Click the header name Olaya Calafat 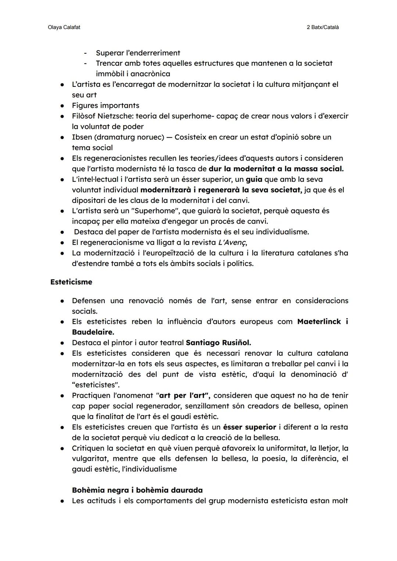64,28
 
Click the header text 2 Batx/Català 322,28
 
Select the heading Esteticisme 71,282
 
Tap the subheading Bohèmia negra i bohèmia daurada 137,490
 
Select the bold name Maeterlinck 319,322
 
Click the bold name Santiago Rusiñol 218,343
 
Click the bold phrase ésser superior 249,427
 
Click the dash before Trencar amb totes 85,64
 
